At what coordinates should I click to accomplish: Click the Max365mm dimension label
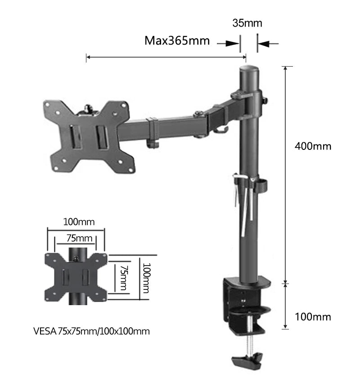click(x=177, y=41)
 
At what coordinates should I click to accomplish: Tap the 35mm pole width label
click(x=247, y=23)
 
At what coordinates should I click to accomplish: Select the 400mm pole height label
click(x=313, y=146)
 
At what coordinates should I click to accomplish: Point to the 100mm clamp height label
click(x=313, y=317)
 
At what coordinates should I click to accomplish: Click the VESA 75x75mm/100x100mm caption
click(x=91, y=331)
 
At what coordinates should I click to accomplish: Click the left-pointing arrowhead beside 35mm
click(x=263, y=44)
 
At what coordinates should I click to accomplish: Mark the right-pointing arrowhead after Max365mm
click(x=232, y=44)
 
